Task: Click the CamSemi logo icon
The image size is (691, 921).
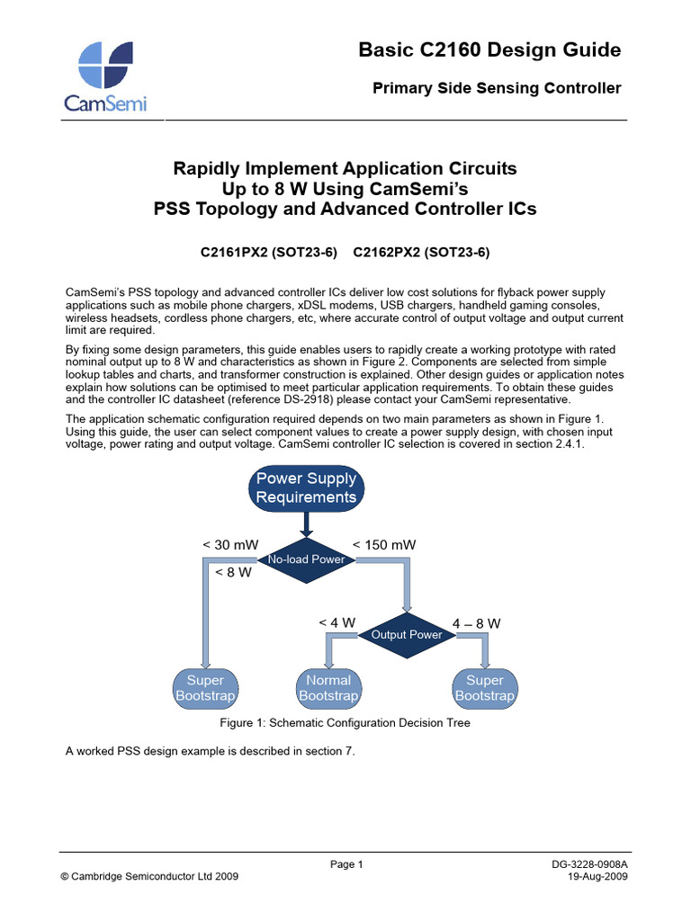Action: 105,64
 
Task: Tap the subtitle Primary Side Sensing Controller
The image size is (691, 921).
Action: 497,88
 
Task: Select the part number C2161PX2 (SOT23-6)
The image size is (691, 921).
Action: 268,253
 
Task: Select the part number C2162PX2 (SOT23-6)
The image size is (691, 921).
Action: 421,253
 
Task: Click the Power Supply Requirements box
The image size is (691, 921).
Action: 307,488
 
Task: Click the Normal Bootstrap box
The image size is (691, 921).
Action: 328,688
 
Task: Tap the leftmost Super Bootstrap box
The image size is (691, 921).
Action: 205,688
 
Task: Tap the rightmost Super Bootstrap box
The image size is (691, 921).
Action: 485,688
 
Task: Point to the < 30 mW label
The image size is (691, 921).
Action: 228,545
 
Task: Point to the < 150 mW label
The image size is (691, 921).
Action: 384,545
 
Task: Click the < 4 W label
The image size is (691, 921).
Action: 337,622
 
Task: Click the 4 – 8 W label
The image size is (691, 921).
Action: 477,622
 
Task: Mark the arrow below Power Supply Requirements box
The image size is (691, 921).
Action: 307,523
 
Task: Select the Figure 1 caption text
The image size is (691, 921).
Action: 345,723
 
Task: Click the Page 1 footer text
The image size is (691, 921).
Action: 346,864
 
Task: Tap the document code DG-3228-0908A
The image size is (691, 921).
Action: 589,864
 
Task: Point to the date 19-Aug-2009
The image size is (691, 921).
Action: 597,877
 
